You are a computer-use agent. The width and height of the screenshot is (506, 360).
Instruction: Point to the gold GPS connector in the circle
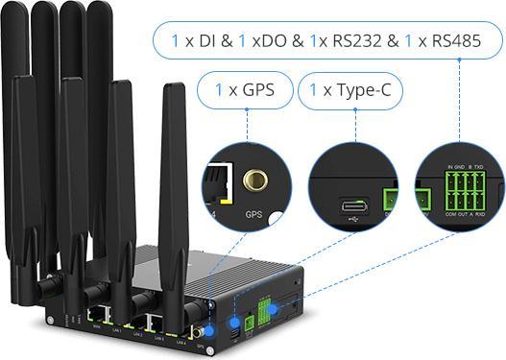(255, 180)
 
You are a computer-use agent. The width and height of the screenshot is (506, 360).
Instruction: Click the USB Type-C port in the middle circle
(352, 204)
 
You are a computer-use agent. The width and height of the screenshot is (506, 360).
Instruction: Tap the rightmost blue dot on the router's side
(274, 309)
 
